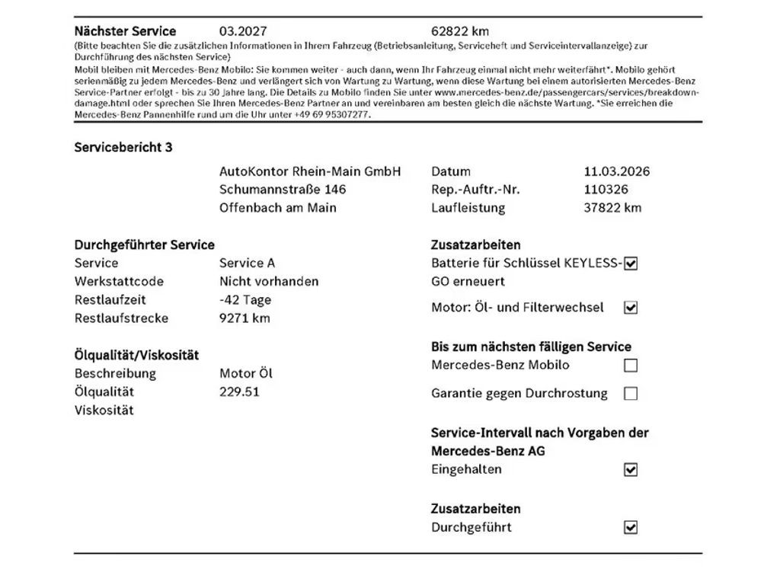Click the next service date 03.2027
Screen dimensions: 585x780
click(x=243, y=31)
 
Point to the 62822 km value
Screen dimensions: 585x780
click(x=460, y=31)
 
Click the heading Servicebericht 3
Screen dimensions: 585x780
click(x=123, y=147)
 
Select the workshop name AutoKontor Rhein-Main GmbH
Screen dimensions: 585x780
click(x=310, y=171)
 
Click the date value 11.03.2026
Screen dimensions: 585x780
click(x=617, y=171)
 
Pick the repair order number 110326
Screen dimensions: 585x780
click(x=606, y=190)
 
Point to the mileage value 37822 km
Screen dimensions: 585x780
click(x=612, y=208)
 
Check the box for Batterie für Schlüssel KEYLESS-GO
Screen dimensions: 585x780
click(x=631, y=264)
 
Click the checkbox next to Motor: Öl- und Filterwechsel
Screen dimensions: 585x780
click(x=631, y=308)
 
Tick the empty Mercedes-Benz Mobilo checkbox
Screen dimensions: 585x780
click(x=631, y=366)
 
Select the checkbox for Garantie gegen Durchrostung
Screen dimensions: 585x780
click(x=631, y=394)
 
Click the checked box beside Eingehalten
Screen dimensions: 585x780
click(x=631, y=470)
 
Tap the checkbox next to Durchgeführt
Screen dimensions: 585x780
click(x=631, y=527)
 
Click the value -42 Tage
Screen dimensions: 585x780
click(x=245, y=300)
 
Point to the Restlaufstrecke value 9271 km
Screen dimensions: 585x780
click(x=245, y=318)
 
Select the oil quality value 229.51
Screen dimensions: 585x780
click(x=239, y=392)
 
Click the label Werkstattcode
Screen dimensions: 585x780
click(x=120, y=282)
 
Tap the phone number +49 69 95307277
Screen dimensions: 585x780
click(x=332, y=114)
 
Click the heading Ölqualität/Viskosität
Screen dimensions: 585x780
click(x=136, y=355)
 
